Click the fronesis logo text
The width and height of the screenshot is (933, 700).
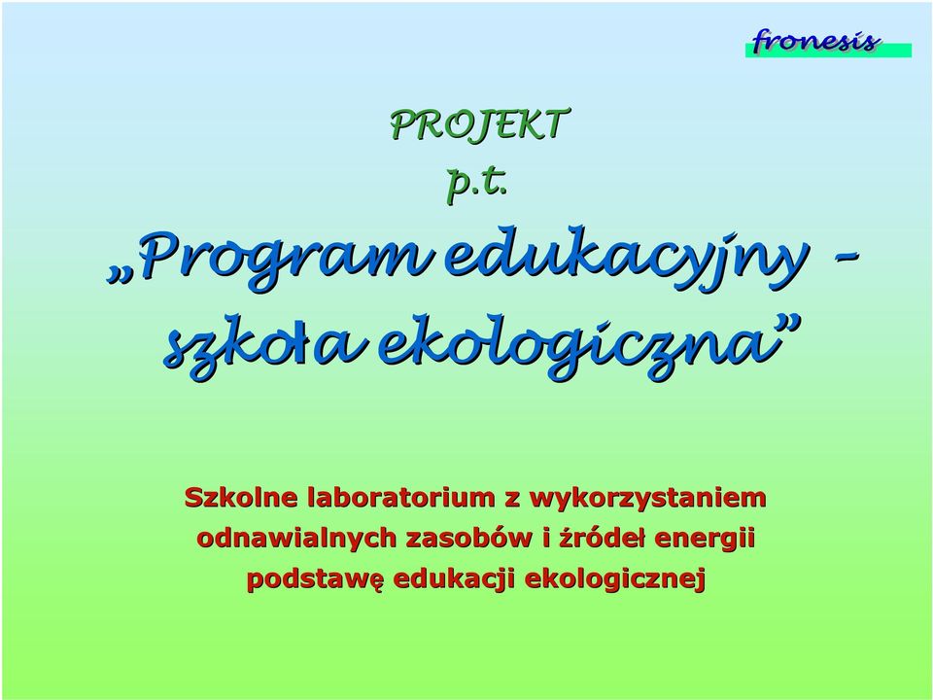point(814,41)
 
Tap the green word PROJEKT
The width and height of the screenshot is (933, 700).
point(480,125)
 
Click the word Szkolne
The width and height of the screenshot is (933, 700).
point(241,497)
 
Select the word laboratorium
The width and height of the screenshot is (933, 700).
point(401,497)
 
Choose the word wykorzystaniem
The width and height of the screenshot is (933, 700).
point(647,498)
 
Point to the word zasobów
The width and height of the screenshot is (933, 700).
point(469,538)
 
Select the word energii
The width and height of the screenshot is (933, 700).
point(705,539)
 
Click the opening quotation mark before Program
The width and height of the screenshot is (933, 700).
point(118,275)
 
